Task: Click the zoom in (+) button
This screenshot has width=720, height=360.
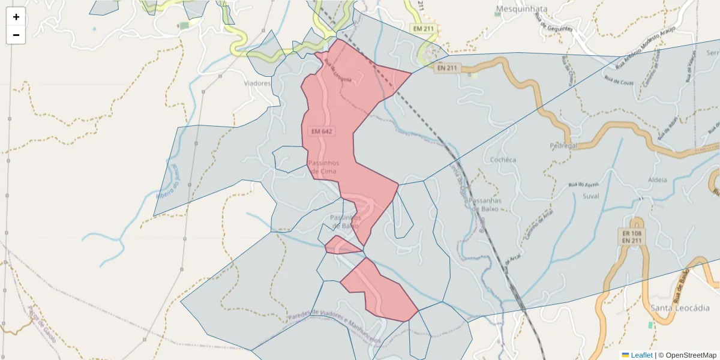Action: [16, 17]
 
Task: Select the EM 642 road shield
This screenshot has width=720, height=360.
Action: [322, 131]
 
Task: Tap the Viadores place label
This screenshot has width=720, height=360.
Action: [257, 83]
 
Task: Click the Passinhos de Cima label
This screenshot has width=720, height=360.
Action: [323, 167]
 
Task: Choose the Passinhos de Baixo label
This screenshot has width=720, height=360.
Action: [344, 221]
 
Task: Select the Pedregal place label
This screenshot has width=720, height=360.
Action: [563, 146]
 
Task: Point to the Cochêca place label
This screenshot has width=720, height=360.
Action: [503, 160]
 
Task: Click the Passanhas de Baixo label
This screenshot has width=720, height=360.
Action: [485, 205]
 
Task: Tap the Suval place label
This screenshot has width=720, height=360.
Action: [591, 196]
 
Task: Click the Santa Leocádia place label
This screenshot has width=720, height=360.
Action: [680, 308]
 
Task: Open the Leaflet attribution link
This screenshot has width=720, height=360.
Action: [641, 355]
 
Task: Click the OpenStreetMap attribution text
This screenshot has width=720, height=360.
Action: [691, 355]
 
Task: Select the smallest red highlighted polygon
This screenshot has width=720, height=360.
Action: [341, 246]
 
